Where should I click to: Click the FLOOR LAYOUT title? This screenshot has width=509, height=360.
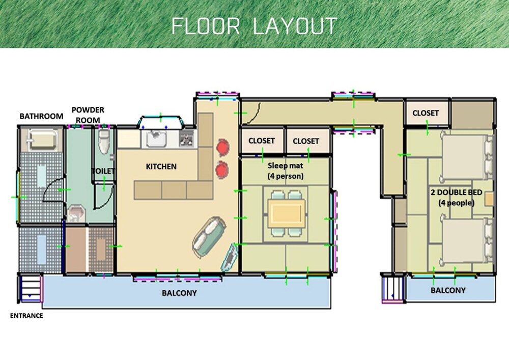coord(254,26)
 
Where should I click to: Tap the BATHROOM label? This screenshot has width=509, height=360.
coord(41,116)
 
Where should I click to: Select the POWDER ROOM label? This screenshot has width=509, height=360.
coord(88,115)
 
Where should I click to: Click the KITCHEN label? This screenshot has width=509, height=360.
coord(161,167)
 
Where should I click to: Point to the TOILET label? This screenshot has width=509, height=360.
coord(103,171)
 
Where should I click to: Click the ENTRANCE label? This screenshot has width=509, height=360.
coord(26,316)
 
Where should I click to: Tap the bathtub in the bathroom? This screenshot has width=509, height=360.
coord(42,140)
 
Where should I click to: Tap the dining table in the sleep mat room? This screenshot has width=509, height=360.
coord(286,213)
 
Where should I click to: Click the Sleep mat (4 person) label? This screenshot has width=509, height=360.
coord(286,171)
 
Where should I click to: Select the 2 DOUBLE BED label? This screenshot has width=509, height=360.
coord(456,198)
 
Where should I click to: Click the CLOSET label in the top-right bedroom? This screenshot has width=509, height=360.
coord(425,113)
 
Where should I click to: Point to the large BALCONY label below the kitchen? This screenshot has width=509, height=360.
coord(179,293)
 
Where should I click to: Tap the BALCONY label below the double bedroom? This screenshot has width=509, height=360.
coord(448,290)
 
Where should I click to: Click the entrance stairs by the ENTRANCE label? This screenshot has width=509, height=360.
coord(31,288)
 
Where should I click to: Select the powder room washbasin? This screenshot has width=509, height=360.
coord(77,213)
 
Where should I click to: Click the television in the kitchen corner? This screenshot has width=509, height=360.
coord(230,258)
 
